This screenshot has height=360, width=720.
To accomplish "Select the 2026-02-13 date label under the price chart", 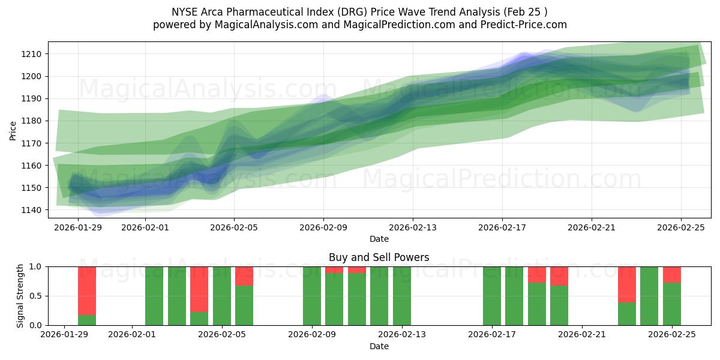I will tap(413, 228).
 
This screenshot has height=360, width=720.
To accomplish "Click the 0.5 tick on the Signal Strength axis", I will tap(36, 296).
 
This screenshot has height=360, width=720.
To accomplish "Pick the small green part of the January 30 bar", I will tap(87, 320).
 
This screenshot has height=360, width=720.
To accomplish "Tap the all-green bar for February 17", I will tap(492, 296).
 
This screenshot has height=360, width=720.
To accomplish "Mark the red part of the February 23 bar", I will tap(627, 284).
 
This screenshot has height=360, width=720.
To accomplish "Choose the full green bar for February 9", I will tap(312, 296).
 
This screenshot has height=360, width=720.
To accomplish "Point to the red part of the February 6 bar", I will tap(244, 275).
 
